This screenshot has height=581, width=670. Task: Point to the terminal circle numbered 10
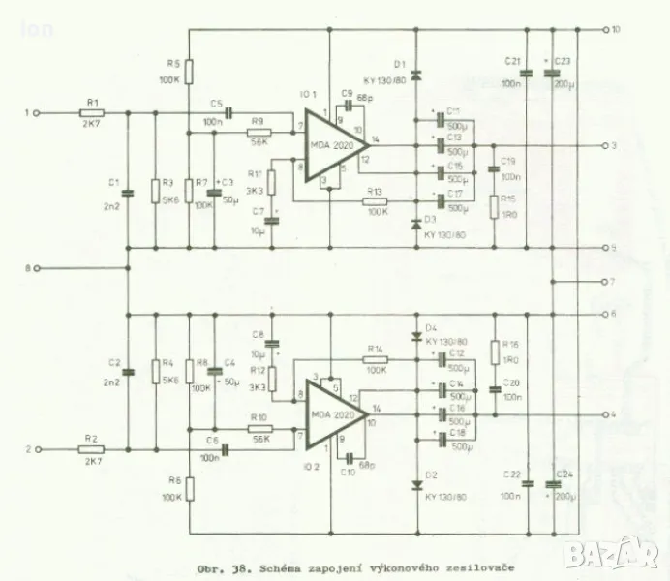[x=603, y=31]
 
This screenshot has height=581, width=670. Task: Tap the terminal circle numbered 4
[x=603, y=415]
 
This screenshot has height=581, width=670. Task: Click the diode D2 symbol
[x=415, y=485]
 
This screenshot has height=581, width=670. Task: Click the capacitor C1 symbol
[x=129, y=193]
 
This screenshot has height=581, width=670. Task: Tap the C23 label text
[x=564, y=61]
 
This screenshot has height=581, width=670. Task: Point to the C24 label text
[x=564, y=474]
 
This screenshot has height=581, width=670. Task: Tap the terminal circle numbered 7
[x=603, y=282]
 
